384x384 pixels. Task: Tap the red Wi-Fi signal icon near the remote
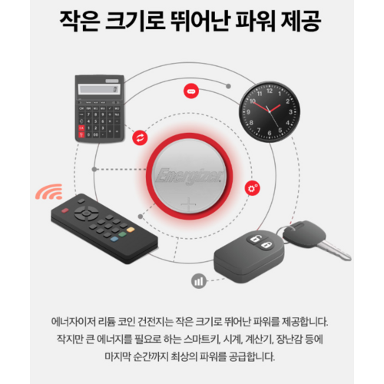[x=51, y=190]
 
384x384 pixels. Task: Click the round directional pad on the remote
[x=87, y=209]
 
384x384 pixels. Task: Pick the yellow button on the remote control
[x=131, y=229]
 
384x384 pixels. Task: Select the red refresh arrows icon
[x=140, y=137]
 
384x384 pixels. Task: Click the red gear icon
[x=250, y=188]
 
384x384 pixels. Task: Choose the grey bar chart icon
[x=199, y=281]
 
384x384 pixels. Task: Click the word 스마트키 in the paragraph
[x=217, y=339]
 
